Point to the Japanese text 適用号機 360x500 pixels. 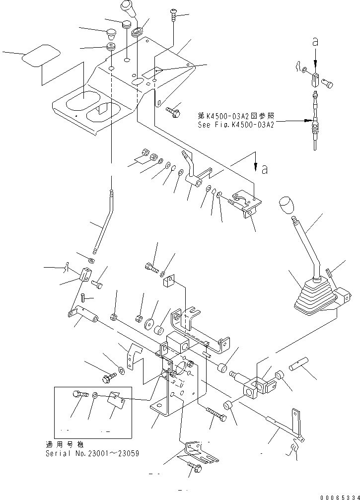(60, 445)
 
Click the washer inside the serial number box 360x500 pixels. (95, 396)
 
